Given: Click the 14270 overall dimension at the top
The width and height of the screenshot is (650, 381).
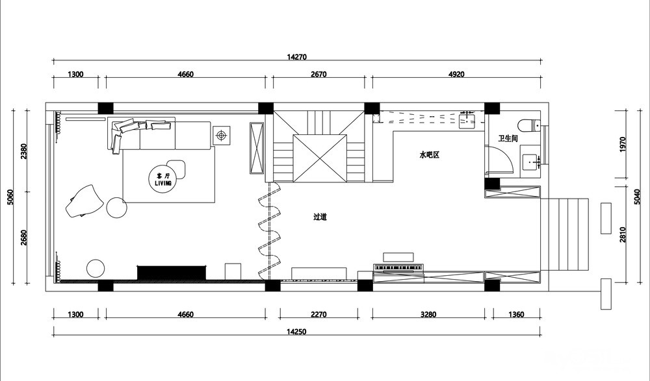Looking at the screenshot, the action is pos(296,56).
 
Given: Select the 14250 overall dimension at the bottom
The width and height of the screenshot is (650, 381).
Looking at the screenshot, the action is pos(296,331).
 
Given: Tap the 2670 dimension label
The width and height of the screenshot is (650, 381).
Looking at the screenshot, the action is pos(318,75).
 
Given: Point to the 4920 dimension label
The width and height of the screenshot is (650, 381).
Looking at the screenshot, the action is pos(456,75).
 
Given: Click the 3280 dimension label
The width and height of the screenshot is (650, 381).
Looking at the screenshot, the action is pos(428,314).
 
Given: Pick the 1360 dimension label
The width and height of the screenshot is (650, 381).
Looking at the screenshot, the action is pos(516,314).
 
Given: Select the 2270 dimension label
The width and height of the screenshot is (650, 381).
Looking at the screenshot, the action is pos(318,314).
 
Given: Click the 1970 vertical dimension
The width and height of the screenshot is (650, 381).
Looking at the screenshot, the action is pos(623,145).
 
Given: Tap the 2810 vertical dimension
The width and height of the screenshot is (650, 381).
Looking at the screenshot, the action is pos(623,235).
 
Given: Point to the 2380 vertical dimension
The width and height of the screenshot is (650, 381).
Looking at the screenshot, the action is pos(23,152).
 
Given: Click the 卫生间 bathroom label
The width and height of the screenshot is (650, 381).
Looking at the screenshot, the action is pos(508,138).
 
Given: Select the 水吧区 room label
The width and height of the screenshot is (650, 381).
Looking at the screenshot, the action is pos(429,155).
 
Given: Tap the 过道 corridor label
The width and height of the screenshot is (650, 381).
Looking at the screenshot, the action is pos(320,217).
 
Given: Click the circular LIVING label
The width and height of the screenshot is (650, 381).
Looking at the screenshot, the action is pos(163,179).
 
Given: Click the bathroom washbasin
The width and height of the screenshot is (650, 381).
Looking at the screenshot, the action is pos(531,162).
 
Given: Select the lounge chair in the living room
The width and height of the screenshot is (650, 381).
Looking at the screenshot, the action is pos(84,201).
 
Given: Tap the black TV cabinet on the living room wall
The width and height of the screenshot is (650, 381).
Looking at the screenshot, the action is pos(172,273).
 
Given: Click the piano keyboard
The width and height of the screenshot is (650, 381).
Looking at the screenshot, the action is pos(398,267).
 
